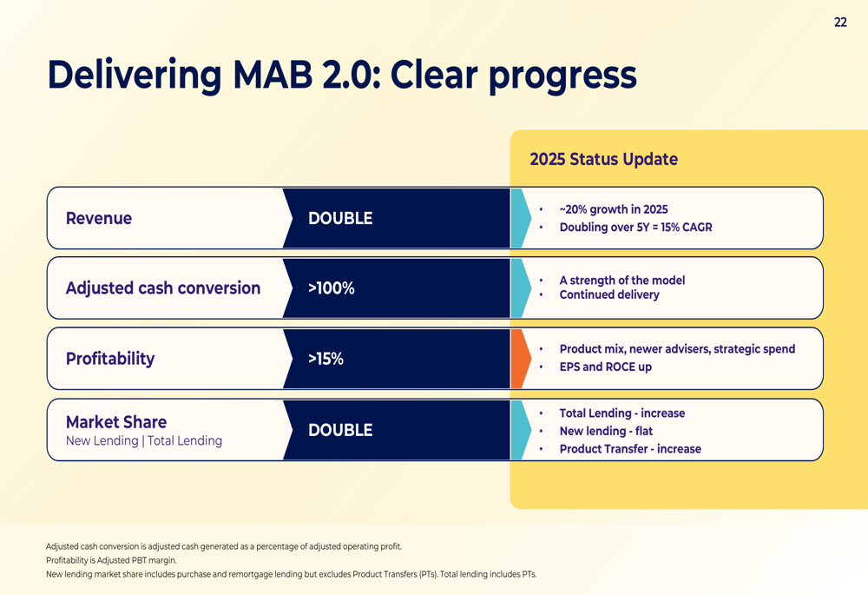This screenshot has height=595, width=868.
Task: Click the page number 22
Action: pyautogui.click(x=840, y=23)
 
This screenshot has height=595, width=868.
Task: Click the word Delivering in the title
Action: pyautogui.click(x=135, y=75)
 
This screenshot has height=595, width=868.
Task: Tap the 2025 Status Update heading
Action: pyautogui.click(x=604, y=159)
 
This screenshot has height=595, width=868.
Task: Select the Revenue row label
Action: pyautogui.click(x=99, y=218)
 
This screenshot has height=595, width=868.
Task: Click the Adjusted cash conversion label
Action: pyautogui.click(x=163, y=288)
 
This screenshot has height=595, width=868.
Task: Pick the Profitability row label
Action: pyautogui.click(x=110, y=359)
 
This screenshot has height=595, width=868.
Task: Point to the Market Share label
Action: pyautogui.click(x=116, y=422)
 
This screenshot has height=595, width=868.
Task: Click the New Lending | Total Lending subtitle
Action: pyautogui.click(x=144, y=441)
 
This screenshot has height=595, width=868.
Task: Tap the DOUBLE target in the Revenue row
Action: pyautogui.click(x=340, y=218)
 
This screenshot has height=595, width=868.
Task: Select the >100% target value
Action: pyautogui.click(x=332, y=288)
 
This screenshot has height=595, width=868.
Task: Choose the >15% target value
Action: pyautogui.click(x=326, y=359)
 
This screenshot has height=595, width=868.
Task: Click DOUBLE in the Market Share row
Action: pyautogui.click(x=340, y=430)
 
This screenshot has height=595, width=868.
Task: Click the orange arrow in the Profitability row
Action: pyautogui.click(x=520, y=359)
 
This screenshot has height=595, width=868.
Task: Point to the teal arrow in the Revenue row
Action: pyautogui.click(x=520, y=218)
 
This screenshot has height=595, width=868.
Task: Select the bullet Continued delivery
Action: pyautogui.click(x=609, y=294)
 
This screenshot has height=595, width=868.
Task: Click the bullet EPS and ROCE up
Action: pyautogui.click(x=606, y=367)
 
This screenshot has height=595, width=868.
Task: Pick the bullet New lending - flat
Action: pyautogui.click(x=606, y=431)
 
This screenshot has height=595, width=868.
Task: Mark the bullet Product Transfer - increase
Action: pyautogui.click(x=630, y=449)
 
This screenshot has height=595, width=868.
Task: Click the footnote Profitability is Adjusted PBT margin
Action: pyautogui.click(x=111, y=560)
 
